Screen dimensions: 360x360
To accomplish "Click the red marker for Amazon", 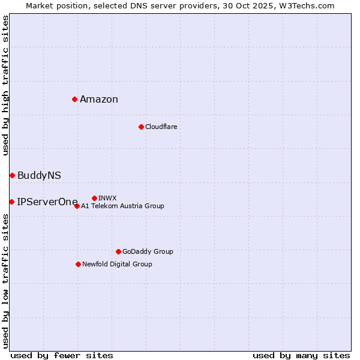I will click(74, 99).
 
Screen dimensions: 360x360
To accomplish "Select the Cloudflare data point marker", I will click(141, 127).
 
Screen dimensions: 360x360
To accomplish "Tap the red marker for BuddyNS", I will click(12, 175).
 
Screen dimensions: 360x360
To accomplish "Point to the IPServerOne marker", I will click(11, 202).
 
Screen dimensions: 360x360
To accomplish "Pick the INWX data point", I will click(94, 198).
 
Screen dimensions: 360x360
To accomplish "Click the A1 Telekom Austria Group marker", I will click(77, 206).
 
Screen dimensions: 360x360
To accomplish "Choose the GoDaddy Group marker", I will click(118, 251).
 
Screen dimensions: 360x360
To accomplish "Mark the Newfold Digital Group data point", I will click(78, 264).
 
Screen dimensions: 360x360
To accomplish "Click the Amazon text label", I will click(99, 100).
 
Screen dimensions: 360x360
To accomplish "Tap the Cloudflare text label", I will click(161, 127).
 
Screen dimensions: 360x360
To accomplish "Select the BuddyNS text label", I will click(39, 176).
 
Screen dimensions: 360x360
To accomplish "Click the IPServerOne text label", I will click(47, 202).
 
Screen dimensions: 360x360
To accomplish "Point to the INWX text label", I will click(107, 198).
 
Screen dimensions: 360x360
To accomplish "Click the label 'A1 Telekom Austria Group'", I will click(122, 206).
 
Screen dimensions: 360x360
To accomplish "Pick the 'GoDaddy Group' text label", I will click(148, 251).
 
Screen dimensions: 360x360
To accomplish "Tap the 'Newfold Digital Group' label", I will click(117, 264).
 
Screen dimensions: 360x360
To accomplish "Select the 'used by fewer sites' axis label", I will click(62, 355).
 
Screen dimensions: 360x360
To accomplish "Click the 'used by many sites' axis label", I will click(301, 355).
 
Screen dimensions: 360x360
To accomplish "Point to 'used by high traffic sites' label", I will click(5, 85).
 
